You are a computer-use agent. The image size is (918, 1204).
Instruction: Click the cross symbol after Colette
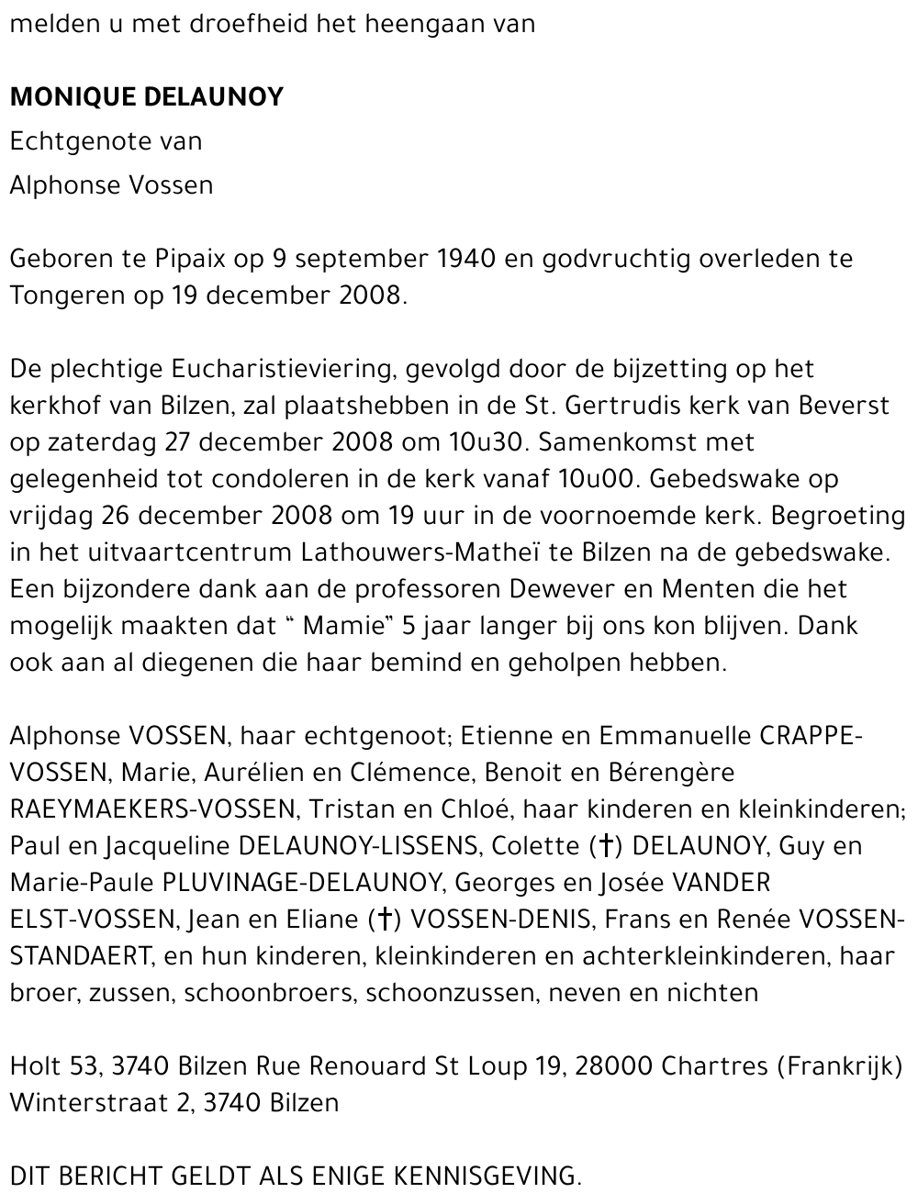pos(604,846)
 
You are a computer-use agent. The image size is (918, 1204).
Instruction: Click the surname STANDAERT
pos(80,956)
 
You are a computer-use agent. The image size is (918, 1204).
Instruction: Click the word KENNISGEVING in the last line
pos(487,1176)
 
